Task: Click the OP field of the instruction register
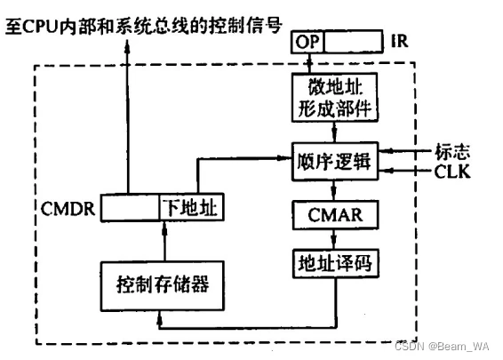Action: pos(307,42)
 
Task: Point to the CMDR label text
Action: pos(68,210)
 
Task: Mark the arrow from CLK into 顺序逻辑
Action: pos(400,168)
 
